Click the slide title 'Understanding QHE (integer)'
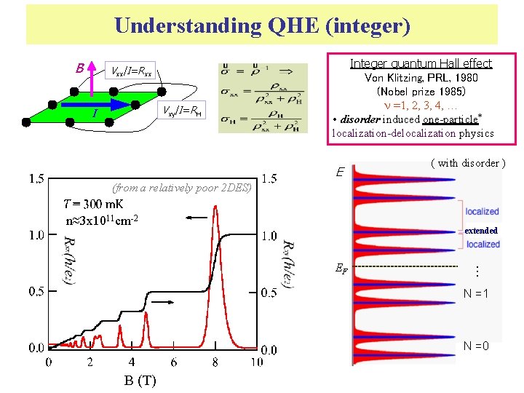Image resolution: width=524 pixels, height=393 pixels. pos(262,26)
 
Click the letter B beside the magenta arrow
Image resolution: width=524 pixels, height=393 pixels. pos(80,68)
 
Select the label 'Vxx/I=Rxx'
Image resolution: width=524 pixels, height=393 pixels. pos(131,71)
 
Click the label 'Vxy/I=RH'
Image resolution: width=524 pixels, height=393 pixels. pos(183,111)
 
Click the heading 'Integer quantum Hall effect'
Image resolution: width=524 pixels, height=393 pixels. pos(421,63)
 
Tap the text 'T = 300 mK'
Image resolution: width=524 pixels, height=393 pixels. pos(93,205)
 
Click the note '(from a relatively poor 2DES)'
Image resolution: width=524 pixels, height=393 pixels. pos(182,188)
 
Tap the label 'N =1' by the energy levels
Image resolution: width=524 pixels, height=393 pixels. pos(476,294)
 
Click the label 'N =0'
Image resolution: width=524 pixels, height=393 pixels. pos(476,346)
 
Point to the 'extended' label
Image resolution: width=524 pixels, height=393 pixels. pos(481,230)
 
